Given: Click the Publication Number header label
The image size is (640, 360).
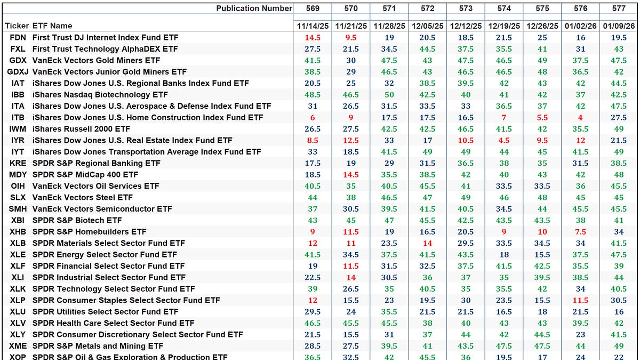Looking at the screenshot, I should [x=254, y=8].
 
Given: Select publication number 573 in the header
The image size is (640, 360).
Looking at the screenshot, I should [x=466, y=8].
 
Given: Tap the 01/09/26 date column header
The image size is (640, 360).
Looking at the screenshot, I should [x=619, y=26].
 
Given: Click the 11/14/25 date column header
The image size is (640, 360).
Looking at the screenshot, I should [x=313, y=26].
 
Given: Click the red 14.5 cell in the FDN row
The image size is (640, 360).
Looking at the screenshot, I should [x=313, y=37].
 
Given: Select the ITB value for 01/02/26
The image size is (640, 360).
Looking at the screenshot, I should [x=581, y=117].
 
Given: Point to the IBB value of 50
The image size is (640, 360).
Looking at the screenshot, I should [x=389, y=94].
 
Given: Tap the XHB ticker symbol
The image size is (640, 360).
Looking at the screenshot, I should [x=18, y=231].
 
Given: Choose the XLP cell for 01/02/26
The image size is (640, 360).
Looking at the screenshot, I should [x=581, y=300].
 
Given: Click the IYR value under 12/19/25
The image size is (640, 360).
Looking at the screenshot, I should [x=504, y=140].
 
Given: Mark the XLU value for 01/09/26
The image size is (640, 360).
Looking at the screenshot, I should [x=619, y=311].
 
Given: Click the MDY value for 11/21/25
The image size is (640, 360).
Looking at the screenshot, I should [x=351, y=174].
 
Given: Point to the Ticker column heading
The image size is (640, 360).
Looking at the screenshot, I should [x=17, y=26].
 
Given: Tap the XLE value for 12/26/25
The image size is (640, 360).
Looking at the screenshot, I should [x=542, y=254].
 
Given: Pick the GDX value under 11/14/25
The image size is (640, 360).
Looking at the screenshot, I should [x=313, y=60].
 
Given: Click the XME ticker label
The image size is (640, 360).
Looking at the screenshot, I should [x=18, y=346].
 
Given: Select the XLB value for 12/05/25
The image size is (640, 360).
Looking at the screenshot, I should [x=427, y=243].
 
